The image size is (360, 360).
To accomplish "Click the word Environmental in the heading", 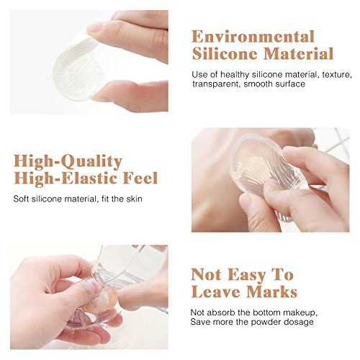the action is [x=253, y=37].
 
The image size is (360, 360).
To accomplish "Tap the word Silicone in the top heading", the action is [x=225, y=53].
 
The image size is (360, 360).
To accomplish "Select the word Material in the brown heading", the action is [x=299, y=53].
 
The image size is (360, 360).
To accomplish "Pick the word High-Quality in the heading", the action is [x=68, y=161].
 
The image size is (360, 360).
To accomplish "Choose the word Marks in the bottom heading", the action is [x=272, y=292].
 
